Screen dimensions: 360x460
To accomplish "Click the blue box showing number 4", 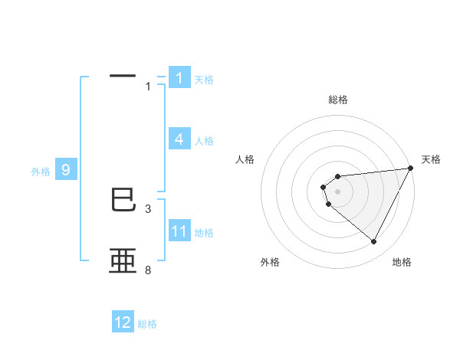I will pyautogui.click(x=179, y=139).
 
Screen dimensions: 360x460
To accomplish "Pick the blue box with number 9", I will pyautogui.click(x=66, y=170).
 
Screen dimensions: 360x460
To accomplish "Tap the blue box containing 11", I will pyautogui.click(x=179, y=231).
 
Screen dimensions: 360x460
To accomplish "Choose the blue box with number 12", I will pyautogui.click(x=123, y=322).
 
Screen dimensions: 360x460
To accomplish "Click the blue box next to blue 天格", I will pyautogui.click(x=179, y=78).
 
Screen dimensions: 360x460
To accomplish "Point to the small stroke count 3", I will pyautogui.click(x=148, y=208).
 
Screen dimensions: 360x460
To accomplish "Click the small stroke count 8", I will pyautogui.click(x=148, y=270).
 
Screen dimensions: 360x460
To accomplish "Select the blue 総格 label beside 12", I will pyautogui.click(x=147, y=324).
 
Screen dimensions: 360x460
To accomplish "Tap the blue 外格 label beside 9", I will pyautogui.click(x=41, y=172).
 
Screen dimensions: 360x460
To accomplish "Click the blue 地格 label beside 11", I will pyautogui.click(x=204, y=233).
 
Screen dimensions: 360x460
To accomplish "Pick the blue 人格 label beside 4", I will pyautogui.click(x=204, y=141).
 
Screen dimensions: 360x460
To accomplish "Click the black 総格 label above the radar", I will pyautogui.click(x=337, y=100).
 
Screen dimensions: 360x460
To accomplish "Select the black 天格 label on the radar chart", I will pyautogui.click(x=432, y=159).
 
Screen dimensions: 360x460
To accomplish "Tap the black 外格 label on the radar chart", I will pyautogui.click(x=270, y=262).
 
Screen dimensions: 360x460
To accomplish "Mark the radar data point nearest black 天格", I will pyautogui.click(x=410, y=169).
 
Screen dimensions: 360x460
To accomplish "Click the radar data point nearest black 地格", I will pyautogui.click(x=374, y=241).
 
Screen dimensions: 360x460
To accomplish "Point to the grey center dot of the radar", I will pyautogui.click(x=337, y=190).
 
